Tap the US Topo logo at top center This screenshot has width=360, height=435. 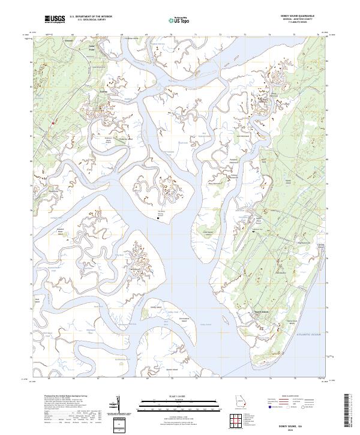(181, 21)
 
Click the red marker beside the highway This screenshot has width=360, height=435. (53, 123)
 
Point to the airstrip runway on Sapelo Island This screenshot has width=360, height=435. (243, 236)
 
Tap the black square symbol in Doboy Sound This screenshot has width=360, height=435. (158, 219)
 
